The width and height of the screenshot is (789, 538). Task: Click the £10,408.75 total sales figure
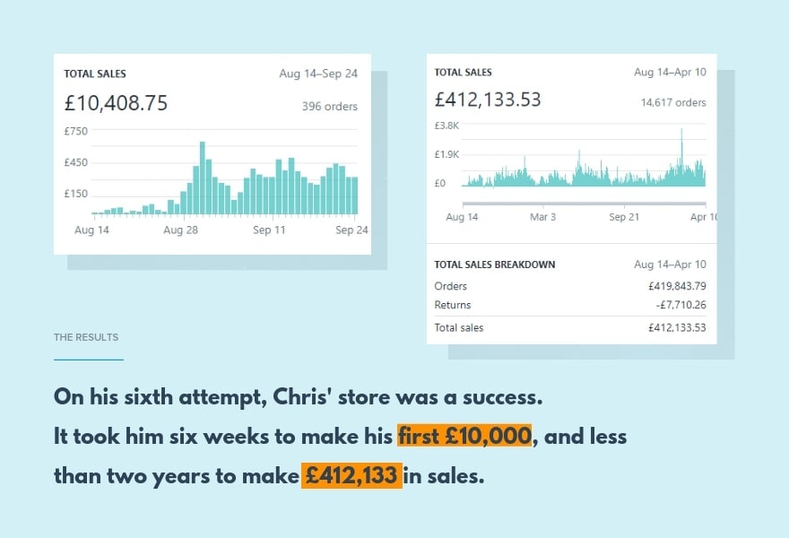(116, 103)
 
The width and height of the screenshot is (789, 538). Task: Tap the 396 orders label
(329, 107)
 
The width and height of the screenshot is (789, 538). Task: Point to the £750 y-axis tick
(76, 131)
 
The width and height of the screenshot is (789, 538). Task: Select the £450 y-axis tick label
(76, 162)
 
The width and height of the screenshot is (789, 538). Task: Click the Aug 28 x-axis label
(180, 230)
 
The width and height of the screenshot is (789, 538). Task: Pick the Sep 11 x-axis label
(269, 230)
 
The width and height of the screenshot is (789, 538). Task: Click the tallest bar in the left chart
(203, 178)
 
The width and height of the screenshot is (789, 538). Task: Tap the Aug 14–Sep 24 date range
(318, 74)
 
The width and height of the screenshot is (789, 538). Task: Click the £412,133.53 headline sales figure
(488, 100)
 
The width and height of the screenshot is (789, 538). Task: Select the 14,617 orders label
(672, 102)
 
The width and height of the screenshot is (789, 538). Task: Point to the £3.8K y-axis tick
(447, 126)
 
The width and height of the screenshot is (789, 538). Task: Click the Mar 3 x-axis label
(542, 217)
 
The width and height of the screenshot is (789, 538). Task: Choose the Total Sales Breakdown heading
(494, 265)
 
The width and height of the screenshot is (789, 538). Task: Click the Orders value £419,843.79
(676, 286)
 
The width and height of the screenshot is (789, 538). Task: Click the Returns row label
(452, 306)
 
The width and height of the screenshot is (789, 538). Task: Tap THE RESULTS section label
(86, 337)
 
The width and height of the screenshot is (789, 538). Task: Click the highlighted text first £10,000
(464, 437)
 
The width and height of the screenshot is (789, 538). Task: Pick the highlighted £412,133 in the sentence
(351, 475)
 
